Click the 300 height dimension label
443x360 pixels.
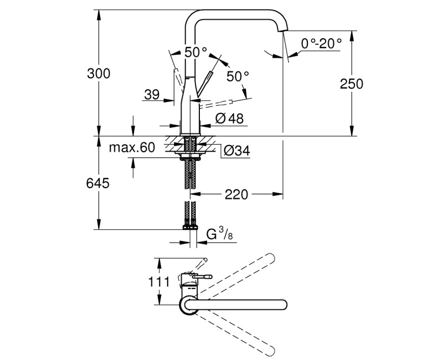[99, 73]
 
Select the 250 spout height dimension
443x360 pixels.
[352, 84]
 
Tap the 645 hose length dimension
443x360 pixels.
[99, 183]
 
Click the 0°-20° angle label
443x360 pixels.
[321, 43]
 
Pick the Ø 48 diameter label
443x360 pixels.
[225, 118]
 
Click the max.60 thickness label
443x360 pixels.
[132, 147]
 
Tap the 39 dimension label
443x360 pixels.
[151, 95]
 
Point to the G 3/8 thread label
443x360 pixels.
[219, 235]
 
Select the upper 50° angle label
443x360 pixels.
[195, 52]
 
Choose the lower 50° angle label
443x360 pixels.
[238, 76]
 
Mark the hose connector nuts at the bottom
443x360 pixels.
[189, 226]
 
